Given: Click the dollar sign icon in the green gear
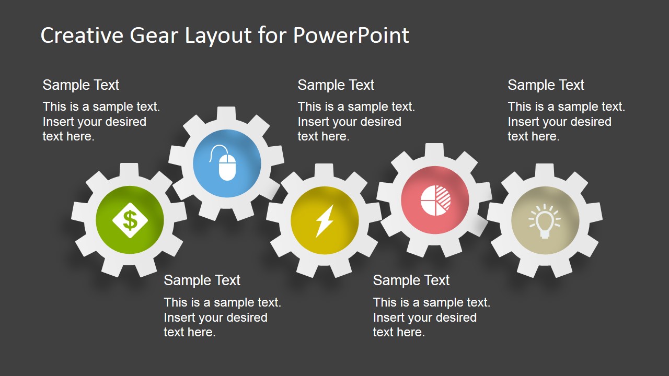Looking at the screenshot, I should point(130,220).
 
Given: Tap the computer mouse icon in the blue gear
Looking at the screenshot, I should point(226,163).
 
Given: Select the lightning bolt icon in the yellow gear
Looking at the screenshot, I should point(325,220).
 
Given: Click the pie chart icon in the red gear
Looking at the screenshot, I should point(435,200).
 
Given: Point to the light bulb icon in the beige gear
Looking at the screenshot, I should point(545,220).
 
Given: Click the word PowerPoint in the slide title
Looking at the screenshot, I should point(351,36).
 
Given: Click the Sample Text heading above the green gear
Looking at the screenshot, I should point(81,85).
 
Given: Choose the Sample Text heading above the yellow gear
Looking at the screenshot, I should point(336,85).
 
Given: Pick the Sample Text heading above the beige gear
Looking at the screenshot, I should point(546,85).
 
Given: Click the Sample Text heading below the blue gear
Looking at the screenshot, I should point(202,280).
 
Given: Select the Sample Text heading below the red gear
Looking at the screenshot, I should point(411,280).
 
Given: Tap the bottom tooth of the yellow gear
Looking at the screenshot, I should point(325,270).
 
